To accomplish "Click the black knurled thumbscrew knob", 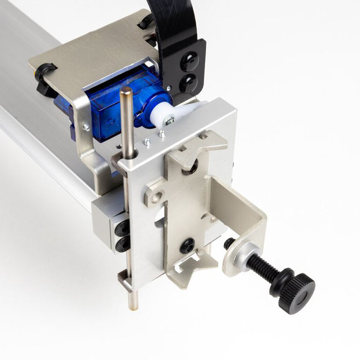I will pyautogui.click(x=296, y=291).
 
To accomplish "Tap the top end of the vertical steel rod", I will pyautogui.click(x=126, y=91).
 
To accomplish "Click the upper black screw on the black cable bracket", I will pyautogui.click(x=189, y=62).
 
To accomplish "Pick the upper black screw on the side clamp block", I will pyautogui.click(x=123, y=227).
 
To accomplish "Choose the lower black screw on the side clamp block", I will pyautogui.click(x=123, y=244).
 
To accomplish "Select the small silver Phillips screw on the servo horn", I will pyautogui.click(x=170, y=121).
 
